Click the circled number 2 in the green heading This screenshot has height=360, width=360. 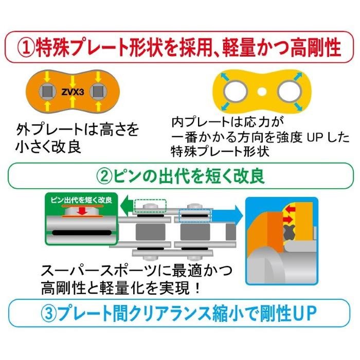coord(104,176)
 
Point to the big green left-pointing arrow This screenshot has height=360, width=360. coord(125,206)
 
